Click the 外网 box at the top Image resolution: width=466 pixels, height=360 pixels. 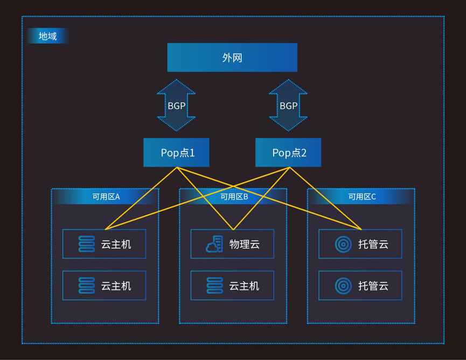click(x=232, y=57)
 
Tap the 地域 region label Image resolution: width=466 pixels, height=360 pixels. click(x=47, y=36)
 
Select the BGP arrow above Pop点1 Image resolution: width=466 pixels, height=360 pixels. click(x=176, y=105)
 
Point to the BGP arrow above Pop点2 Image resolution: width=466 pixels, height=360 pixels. click(x=288, y=105)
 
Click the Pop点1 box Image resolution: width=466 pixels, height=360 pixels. click(x=176, y=153)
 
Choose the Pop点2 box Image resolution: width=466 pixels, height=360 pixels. click(x=288, y=153)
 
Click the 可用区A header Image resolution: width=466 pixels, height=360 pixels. click(x=105, y=197)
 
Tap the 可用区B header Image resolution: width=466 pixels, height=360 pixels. click(x=233, y=197)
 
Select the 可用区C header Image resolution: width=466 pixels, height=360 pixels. click(x=361, y=197)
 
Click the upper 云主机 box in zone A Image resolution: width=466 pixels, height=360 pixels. click(x=105, y=244)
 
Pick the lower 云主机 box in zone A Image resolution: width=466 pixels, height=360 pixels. click(x=105, y=286)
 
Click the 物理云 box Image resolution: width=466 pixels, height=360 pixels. click(x=232, y=244)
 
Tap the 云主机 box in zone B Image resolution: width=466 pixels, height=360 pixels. click(x=232, y=286)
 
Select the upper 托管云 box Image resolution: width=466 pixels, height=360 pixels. click(x=360, y=244)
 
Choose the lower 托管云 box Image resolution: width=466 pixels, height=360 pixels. click(x=360, y=286)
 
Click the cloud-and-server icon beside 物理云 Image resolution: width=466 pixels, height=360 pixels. click(x=214, y=244)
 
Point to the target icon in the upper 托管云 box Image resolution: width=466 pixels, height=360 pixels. click(x=343, y=244)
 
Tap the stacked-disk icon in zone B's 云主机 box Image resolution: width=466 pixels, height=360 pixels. click(x=214, y=286)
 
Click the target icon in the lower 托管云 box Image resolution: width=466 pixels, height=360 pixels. click(x=343, y=286)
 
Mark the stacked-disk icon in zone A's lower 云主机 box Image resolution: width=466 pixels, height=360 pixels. click(x=87, y=286)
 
